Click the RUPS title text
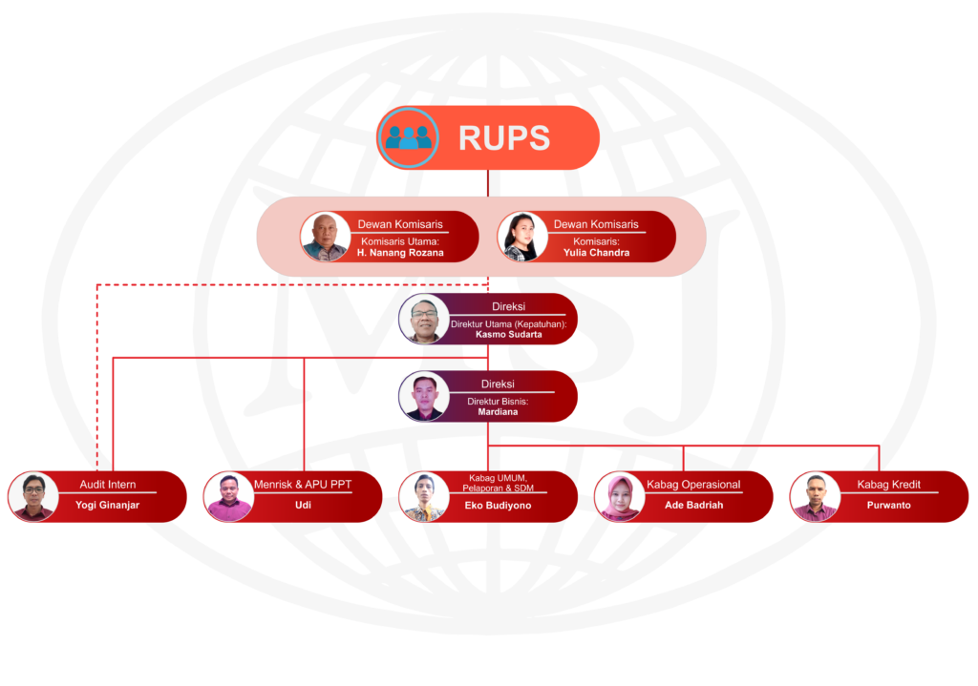pyautogui.click(x=503, y=138)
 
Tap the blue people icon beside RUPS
pyautogui.click(x=409, y=138)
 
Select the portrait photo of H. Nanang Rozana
pyautogui.click(x=325, y=237)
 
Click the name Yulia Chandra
pyautogui.click(x=595, y=253)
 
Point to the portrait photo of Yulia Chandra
pyautogui.click(x=522, y=237)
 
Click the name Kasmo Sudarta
pyautogui.click(x=509, y=335)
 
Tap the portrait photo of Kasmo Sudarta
pyautogui.click(x=424, y=320)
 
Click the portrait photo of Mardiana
pyautogui.click(x=424, y=397)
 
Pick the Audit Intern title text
pyautogui.click(x=108, y=485)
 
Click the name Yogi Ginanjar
pyautogui.click(x=107, y=506)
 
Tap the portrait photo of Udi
pyautogui.click(x=228, y=497)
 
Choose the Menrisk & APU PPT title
pyautogui.click(x=303, y=485)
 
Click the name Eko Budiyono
pyautogui.click(x=498, y=506)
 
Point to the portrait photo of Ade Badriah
pyautogui.click(x=619, y=497)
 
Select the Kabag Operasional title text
pyautogui.click(x=693, y=485)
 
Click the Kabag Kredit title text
pyautogui.click(x=889, y=485)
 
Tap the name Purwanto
pyautogui.click(x=888, y=506)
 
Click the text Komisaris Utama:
pyautogui.click(x=400, y=241)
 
